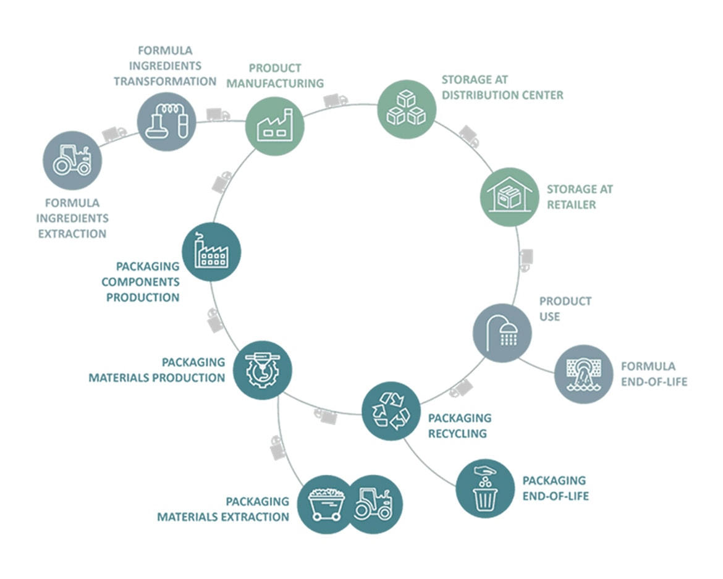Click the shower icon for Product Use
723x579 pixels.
502,332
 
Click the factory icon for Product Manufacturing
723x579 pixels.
275,126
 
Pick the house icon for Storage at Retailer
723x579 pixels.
510,197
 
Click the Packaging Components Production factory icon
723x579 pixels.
211,251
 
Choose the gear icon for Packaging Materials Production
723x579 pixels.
263,370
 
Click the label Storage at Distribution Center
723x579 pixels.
502,88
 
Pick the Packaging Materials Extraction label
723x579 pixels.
223,509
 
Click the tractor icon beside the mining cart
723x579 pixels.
373,504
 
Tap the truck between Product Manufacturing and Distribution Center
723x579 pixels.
335,100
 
